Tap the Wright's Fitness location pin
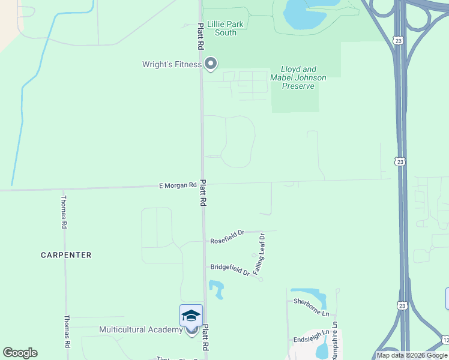click(211, 64)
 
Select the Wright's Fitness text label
click(172, 64)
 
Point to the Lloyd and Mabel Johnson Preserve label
click(298, 78)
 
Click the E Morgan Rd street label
click(178, 186)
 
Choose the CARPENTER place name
click(66, 255)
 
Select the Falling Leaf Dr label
click(260, 254)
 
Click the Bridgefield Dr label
click(230, 270)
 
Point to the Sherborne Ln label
click(311, 307)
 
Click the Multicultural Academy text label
click(140, 330)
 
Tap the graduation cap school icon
click(191, 316)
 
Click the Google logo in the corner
click(20, 353)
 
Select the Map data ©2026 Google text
click(412, 355)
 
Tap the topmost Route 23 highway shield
click(399, 40)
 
